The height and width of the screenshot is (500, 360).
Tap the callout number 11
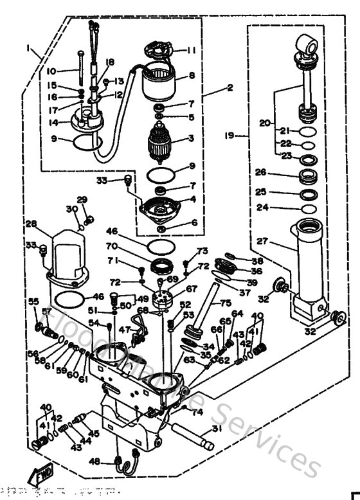pyautogui.click(x=191, y=50)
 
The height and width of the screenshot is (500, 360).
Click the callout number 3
pyautogui.click(x=191, y=138)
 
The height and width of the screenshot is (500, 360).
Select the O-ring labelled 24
pyautogui.click(x=307, y=209)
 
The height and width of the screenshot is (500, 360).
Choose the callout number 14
pyautogui.click(x=53, y=121)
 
